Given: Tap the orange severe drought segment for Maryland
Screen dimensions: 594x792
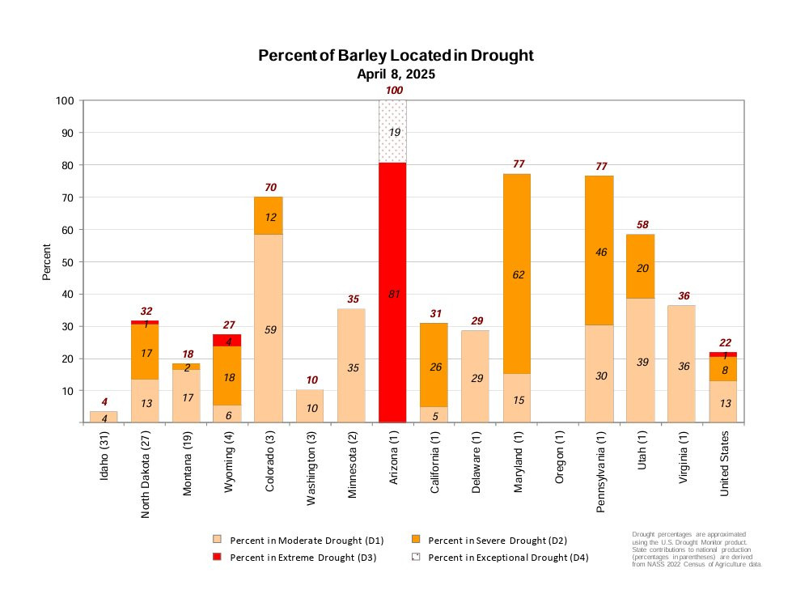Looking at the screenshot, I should pos(518,243).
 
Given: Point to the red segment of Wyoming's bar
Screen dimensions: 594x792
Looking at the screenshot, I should pos(227,340).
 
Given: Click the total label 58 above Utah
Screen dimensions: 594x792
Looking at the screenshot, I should pos(642,224).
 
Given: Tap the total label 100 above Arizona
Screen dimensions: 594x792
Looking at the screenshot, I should pos(394,91).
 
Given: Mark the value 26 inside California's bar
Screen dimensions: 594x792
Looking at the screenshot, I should pos(434,367).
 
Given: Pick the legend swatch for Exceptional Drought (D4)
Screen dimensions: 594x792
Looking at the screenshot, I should pos(417,558).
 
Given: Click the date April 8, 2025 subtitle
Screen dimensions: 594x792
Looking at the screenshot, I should pos(396,74).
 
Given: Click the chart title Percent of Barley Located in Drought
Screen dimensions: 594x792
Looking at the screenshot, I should pos(396,56).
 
